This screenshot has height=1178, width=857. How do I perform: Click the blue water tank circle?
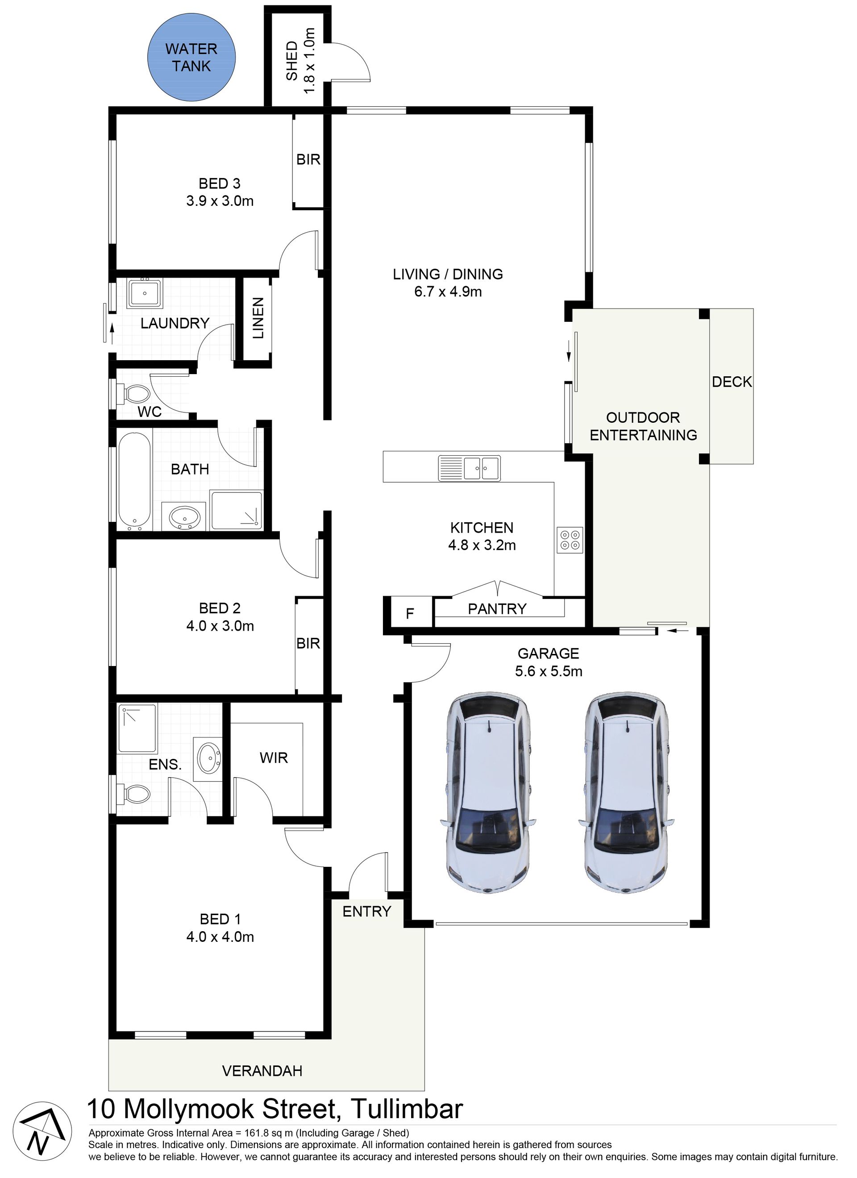(x=191, y=57)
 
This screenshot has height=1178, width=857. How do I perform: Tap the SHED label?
(x=292, y=61)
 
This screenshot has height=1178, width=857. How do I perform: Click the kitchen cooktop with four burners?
(x=570, y=540)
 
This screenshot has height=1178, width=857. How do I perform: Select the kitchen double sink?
(x=469, y=469)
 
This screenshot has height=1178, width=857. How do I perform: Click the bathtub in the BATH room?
(x=134, y=480)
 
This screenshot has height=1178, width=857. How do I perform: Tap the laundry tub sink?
(x=144, y=293)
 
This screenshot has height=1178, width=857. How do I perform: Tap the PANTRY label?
(x=497, y=609)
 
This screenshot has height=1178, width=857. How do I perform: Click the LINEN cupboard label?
(x=258, y=318)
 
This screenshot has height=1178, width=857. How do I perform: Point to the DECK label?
(x=731, y=382)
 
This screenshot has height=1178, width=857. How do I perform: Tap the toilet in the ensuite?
(x=133, y=795)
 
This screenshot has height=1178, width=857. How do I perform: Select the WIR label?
(x=274, y=758)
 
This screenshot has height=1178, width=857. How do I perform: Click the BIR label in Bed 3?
(x=308, y=159)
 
